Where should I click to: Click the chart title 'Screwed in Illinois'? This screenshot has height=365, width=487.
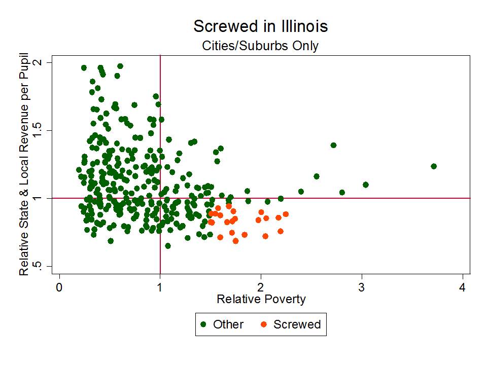(x=260, y=26)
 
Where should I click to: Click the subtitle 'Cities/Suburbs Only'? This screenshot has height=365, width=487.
(x=260, y=46)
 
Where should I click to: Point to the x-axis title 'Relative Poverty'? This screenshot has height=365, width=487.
(x=261, y=299)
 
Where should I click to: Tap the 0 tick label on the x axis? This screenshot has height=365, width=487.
(x=59, y=286)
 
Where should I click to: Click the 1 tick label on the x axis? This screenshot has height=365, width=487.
(x=160, y=286)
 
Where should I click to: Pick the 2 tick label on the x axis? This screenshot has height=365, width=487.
(x=261, y=286)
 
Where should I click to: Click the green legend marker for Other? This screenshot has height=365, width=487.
(x=203, y=324)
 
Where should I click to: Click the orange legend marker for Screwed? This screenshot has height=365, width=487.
(x=263, y=324)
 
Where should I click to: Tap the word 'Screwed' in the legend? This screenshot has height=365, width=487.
(x=297, y=324)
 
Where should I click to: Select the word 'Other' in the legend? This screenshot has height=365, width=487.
(x=228, y=324)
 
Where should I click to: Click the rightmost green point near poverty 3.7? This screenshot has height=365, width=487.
(x=434, y=166)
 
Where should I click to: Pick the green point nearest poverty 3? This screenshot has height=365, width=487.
(x=365, y=185)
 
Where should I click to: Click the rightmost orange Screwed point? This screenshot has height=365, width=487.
(x=286, y=214)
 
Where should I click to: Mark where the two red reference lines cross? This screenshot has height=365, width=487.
(x=160, y=198)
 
